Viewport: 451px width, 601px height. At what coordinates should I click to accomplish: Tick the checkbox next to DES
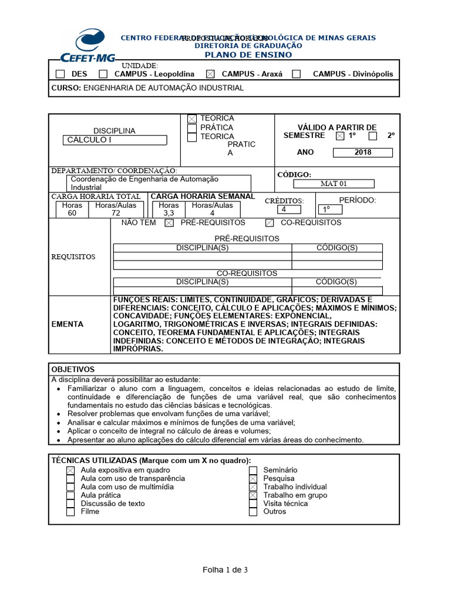60,74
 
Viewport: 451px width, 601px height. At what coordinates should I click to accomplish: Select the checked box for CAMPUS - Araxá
211,74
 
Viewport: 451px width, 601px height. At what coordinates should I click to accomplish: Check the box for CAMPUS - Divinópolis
297,74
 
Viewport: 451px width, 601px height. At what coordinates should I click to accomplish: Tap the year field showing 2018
363,153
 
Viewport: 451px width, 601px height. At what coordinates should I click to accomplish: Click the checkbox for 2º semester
373,136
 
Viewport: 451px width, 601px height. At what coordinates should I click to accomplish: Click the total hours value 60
72,214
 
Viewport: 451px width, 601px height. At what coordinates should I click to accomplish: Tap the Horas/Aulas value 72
116,214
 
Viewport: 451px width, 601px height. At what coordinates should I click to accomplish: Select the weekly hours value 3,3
169,214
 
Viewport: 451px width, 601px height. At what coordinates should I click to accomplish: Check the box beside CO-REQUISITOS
270,223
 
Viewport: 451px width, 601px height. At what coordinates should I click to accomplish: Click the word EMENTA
68,324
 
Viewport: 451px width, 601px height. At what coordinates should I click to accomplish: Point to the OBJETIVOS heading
73,369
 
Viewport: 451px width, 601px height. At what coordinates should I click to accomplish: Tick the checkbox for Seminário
253,470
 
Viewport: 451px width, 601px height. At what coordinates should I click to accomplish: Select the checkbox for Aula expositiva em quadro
70,470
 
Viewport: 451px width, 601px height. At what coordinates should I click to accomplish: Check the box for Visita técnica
253,504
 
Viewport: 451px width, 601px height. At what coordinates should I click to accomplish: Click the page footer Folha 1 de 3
225,569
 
